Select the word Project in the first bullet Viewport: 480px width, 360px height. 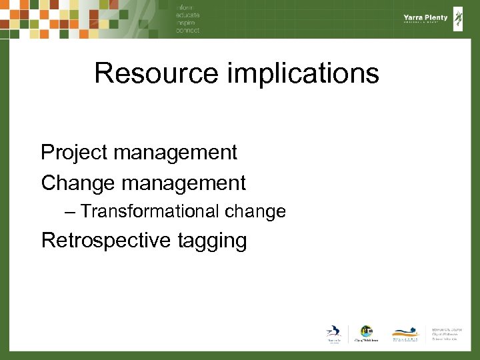[74, 153]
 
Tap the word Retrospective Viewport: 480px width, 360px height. [107, 240]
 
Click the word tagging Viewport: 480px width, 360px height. [213, 241]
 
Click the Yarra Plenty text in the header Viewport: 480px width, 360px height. [425, 18]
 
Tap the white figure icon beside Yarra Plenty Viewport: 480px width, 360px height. [458, 19]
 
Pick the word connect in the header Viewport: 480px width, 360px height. [188, 31]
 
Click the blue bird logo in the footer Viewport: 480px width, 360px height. [333, 333]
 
